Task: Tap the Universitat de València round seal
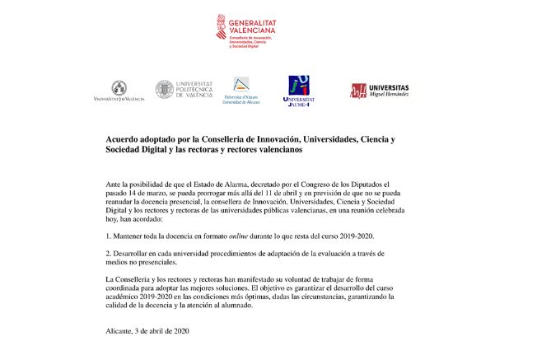119,86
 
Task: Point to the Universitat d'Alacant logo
241,91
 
